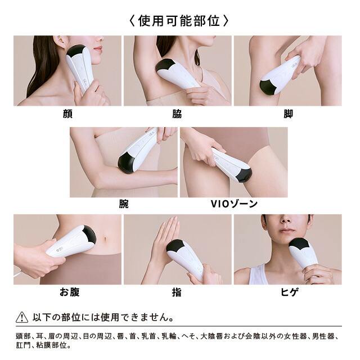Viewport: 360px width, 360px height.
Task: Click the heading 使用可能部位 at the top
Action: [179, 21]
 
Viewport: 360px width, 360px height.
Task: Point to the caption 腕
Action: [123, 204]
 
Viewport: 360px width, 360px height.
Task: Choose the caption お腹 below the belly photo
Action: [68, 292]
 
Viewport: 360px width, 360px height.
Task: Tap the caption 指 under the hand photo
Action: [177, 292]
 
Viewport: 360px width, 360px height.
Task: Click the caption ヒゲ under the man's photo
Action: [288, 292]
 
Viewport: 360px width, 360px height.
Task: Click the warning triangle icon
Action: [22, 317]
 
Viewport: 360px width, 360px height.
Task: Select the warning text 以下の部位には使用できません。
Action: [101, 317]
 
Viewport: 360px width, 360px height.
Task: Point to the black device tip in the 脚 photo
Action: [268, 87]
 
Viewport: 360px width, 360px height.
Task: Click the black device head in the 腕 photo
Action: [125, 163]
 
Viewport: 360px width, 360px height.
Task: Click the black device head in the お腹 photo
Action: [89, 234]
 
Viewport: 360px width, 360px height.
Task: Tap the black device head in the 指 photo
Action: [175, 246]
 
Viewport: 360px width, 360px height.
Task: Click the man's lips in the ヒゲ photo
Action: [287, 230]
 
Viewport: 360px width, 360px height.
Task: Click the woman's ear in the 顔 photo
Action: [59, 43]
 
